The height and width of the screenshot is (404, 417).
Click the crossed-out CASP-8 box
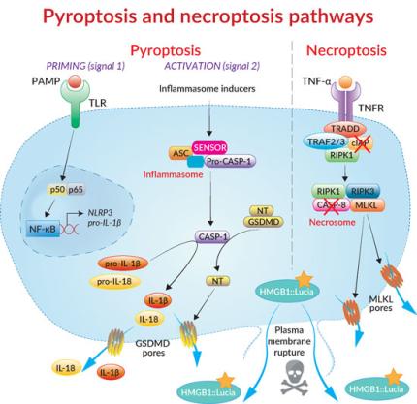pyautogui.click(x=329, y=205)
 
